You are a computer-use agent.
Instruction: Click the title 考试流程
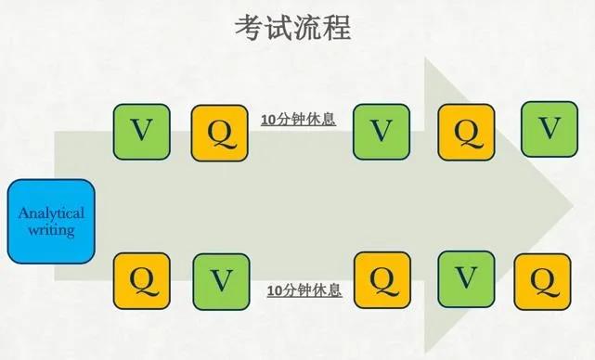293,27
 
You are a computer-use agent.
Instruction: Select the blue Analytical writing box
51,222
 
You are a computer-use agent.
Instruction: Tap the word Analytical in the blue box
51,213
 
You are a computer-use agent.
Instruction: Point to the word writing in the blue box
51,229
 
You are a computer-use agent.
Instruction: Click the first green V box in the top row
141,131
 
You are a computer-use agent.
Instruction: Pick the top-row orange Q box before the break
220,131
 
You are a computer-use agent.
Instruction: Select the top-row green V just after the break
381,131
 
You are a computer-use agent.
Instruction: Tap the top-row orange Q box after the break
466,131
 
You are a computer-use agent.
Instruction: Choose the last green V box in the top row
549,128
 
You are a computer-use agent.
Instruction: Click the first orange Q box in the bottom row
141,279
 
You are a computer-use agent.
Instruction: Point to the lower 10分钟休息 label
304,290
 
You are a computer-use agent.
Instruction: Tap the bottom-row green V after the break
466,278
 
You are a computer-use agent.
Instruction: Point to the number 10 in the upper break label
268,119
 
